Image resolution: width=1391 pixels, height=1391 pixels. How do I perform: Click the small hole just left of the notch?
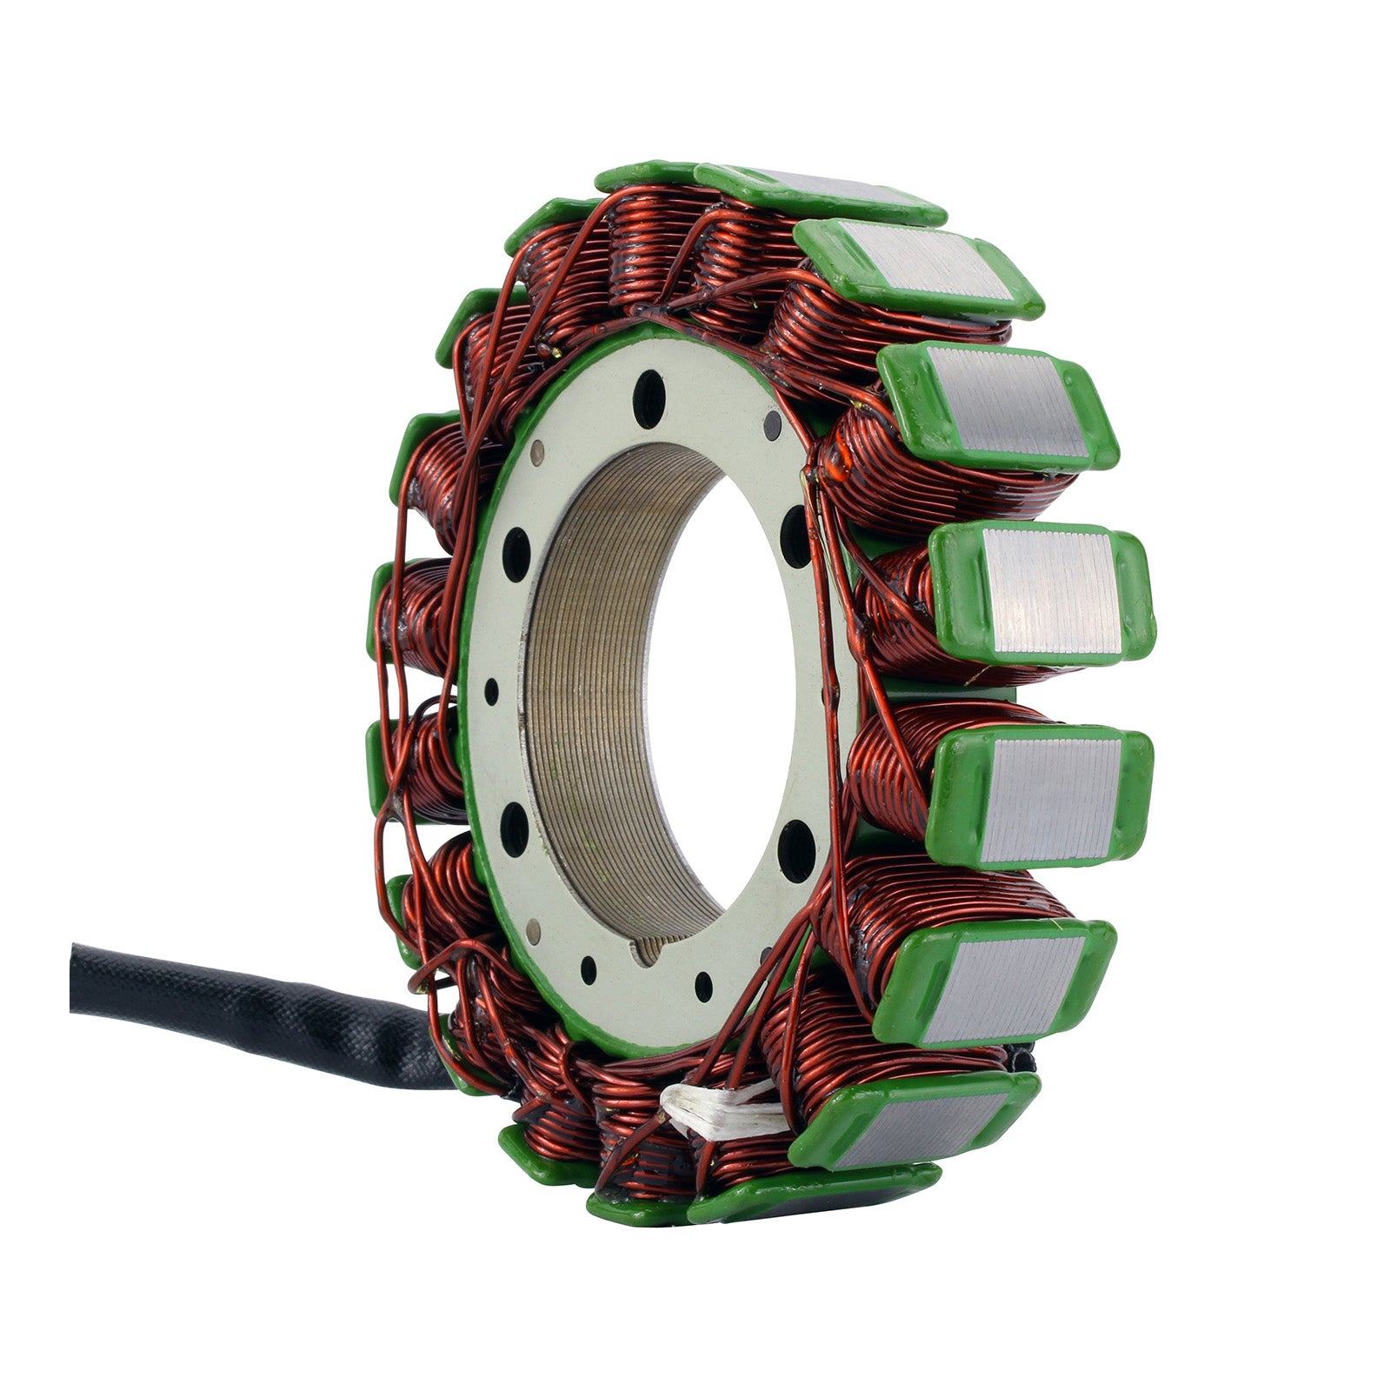589,968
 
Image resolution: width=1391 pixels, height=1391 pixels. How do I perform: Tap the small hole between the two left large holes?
491,692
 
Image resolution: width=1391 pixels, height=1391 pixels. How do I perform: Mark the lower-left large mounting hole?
515,828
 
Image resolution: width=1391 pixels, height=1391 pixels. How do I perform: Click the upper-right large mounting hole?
796,536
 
